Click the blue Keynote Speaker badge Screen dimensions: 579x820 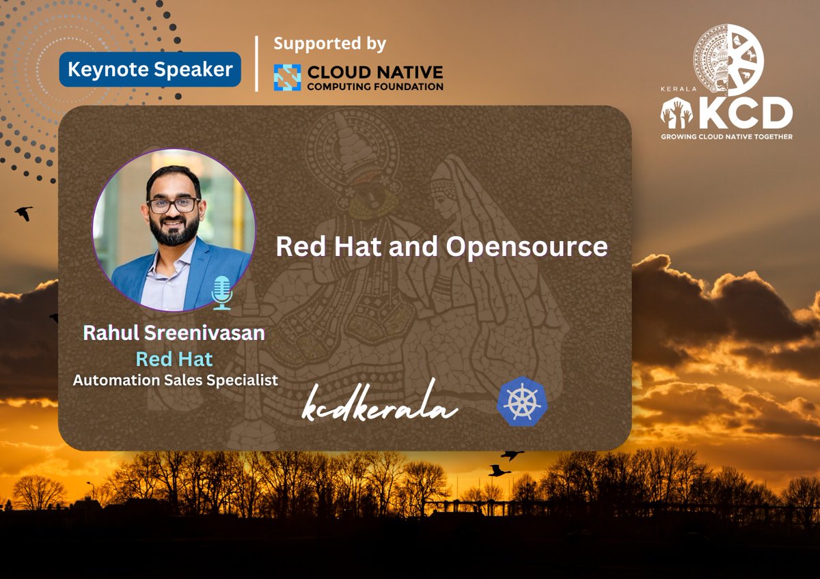(x=150, y=70)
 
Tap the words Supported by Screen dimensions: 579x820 (x=329, y=44)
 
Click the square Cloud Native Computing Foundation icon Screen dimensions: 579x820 (x=287, y=78)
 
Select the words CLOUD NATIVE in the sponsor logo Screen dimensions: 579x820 (x=374, y=72)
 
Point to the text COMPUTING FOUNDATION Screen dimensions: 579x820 (x=374, y=86)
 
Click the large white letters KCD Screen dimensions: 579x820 (x=745, y=113)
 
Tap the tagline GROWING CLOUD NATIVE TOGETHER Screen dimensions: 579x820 (x=726, y=137)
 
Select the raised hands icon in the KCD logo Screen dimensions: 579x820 (x=676, y=112)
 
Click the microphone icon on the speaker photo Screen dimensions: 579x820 (x=221, y=293)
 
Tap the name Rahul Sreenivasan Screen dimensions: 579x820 (x=174, y=333)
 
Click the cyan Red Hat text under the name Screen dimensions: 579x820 (x=174, y=358)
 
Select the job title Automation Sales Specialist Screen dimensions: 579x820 (x=176, y=380)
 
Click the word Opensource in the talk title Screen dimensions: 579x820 (x=526, y=246)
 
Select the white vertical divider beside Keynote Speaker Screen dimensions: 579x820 (x=257, y=63)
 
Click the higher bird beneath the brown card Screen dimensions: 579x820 (x=511, y=455)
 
